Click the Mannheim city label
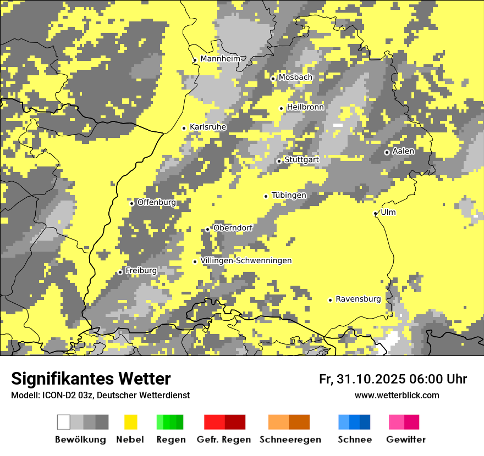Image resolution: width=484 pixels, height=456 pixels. coord(220,59)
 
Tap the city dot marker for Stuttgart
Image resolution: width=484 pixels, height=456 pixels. coord(279,161)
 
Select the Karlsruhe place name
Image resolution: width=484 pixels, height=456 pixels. coord(208,127)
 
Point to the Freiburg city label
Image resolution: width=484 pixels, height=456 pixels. coord(141,271)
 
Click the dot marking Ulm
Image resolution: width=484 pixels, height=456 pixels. coord(376,213)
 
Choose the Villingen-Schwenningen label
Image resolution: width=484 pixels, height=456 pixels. coord(246,260)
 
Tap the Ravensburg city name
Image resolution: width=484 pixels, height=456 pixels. coord(358,299)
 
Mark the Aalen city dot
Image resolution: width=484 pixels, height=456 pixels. coord(387,152)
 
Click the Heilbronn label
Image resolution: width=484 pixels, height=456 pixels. coord(305,107)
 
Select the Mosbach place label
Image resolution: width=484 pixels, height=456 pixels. coord(295,77)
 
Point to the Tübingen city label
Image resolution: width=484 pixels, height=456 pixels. coord(289,195)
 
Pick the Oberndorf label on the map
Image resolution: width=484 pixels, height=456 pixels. coord(233,227)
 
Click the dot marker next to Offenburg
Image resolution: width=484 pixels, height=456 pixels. coord(131,203)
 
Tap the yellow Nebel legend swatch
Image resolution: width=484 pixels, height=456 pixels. coord(131,422)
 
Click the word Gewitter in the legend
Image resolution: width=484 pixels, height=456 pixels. coord(405,440)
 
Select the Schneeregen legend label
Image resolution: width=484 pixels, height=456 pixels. coord(290,440)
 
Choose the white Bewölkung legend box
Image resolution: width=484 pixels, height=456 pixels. coord(64,422)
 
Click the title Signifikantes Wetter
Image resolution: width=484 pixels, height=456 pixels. coord(91,379)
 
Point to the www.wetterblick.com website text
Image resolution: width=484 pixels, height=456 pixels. coord(397,395)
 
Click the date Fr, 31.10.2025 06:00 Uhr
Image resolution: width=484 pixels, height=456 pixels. coord(393,379)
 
